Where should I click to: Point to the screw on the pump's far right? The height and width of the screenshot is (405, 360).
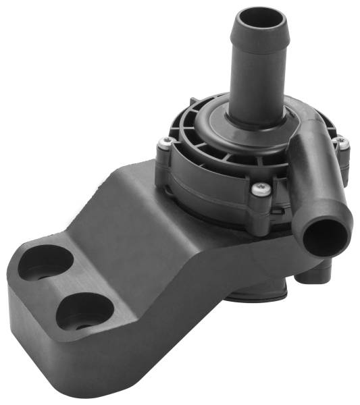tap(342, 143)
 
